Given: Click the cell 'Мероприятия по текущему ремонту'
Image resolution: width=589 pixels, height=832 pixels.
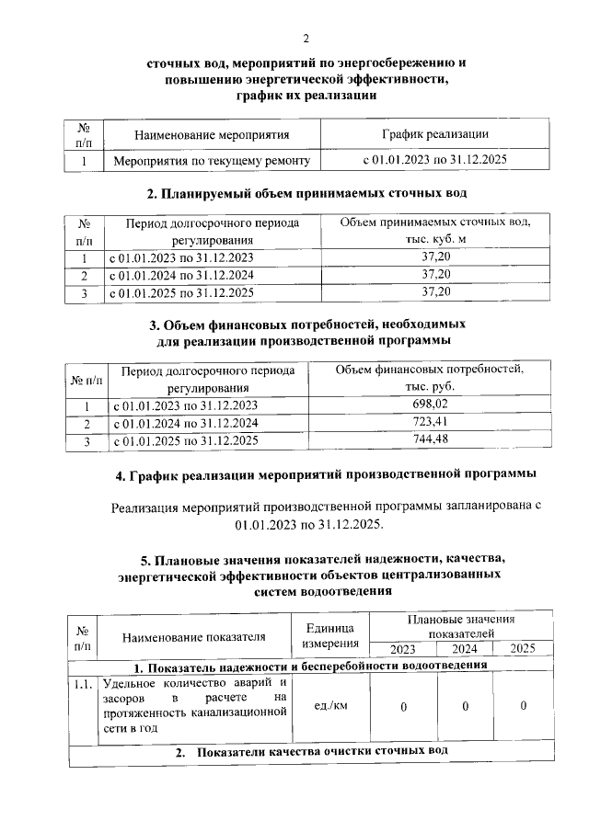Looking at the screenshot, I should click(210, 161).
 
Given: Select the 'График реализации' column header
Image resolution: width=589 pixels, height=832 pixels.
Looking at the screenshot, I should click(434, 134).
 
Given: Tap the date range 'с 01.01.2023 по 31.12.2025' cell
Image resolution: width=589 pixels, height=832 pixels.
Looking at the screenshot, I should click(434, 161).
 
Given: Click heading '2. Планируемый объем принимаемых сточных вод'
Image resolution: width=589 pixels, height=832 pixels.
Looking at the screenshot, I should click(307, 194).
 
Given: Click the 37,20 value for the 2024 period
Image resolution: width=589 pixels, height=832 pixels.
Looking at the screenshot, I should click(435, 275).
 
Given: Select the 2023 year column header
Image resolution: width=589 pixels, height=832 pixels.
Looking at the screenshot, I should click(402, 649).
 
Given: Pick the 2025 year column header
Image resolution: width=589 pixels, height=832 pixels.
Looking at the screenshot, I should click(522, 649).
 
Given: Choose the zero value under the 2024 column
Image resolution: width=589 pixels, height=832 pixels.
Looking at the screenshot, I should click(466, 706).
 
